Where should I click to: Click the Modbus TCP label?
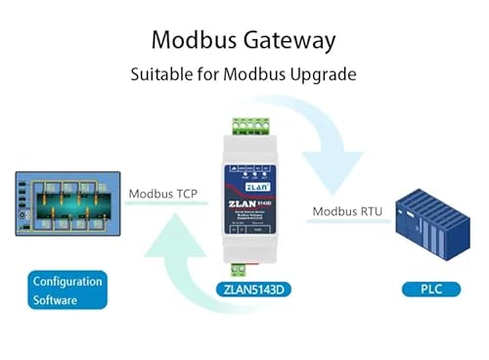tap(162, 194)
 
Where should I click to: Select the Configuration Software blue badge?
tap(67, 291)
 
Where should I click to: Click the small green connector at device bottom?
tap(238, 268)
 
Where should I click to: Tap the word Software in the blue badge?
tap(55, 300)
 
